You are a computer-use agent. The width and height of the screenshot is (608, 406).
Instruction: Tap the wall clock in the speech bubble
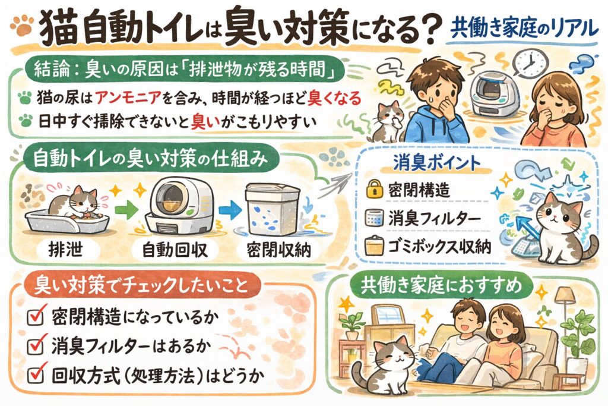530,62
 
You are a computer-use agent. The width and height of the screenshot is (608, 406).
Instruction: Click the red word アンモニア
128,98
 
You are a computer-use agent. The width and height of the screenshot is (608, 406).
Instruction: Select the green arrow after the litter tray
127,210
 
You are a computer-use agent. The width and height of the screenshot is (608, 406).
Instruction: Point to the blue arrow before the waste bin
230,210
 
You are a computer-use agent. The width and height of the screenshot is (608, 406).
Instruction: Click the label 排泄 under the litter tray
65,249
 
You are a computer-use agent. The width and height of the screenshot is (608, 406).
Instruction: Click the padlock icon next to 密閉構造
374,189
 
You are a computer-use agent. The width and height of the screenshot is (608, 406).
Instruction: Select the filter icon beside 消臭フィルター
374,219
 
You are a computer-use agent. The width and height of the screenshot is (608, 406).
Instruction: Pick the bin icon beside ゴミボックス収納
374,246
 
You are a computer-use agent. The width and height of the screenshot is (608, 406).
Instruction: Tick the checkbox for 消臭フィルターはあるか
36,345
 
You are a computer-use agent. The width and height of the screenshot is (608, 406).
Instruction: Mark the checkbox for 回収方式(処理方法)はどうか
36,373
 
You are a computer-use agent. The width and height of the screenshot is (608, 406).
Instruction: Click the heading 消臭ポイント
437,163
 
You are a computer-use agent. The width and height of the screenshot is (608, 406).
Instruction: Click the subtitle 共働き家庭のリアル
524,29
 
